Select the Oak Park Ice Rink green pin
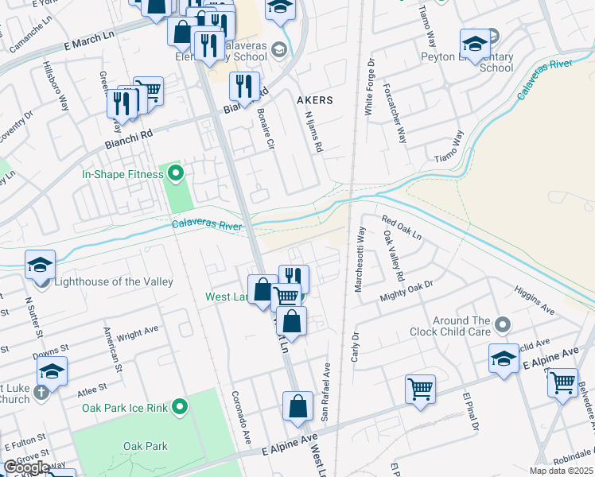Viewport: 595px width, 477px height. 181,407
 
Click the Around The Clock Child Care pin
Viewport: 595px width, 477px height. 502,324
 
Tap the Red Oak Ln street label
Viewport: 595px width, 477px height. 401,228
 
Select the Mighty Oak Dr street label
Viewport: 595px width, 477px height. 406,291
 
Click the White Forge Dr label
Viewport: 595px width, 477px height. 369,87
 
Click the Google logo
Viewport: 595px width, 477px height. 26,467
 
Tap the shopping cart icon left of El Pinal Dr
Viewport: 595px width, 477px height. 420,389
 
